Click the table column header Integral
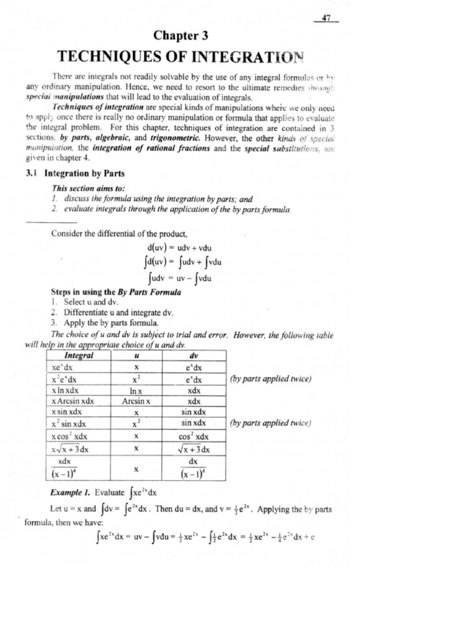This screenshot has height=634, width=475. pos(79,356)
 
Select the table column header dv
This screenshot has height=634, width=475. pos(195,356)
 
